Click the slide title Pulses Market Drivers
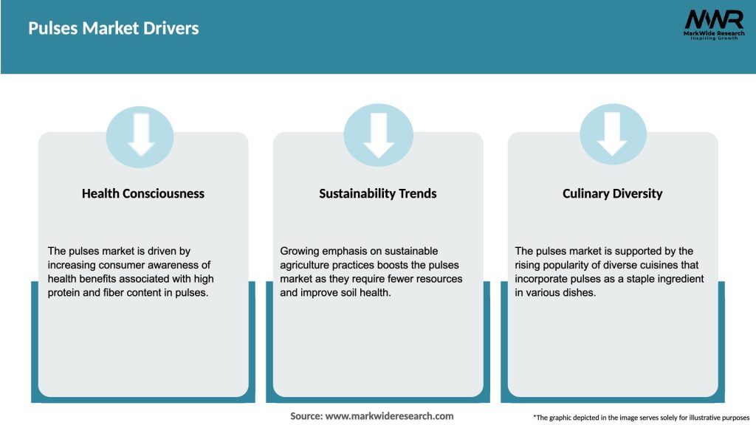114,29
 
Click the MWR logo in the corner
713,20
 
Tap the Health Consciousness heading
143,193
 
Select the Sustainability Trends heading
378,193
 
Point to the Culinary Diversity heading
613,193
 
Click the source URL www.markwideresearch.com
389,416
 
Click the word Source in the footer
306,416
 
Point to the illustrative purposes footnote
641,418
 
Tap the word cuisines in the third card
678,265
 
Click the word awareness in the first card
186,265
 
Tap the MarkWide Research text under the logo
713,33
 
